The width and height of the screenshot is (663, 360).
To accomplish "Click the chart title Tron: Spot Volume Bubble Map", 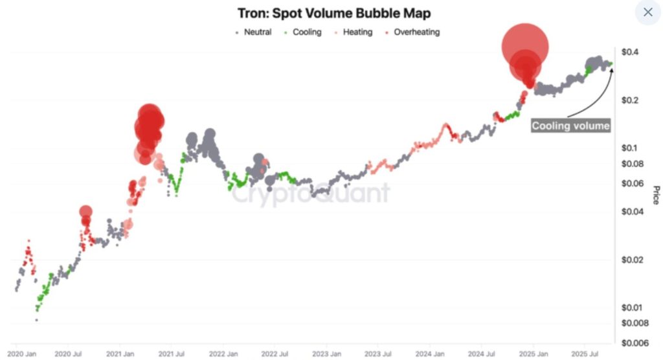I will point(331,14).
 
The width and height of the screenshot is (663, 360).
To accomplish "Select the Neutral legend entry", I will point(254,32).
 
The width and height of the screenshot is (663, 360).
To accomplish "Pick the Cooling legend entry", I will point(302,32).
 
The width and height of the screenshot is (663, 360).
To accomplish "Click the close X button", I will point(647,12).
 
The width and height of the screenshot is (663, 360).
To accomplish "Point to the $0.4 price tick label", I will point(630,52).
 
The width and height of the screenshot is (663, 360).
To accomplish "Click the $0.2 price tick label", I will point(630,100).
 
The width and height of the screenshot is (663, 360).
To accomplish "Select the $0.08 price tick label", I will point(633,164).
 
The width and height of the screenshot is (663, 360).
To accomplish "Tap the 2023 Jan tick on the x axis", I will point(326,354).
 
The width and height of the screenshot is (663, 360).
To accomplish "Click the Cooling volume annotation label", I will point(570,126).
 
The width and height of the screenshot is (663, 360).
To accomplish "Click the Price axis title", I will point(655,194).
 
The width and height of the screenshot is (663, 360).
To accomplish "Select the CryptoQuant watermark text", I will point(311,194).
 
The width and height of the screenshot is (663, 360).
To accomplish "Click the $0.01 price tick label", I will point(633,308).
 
